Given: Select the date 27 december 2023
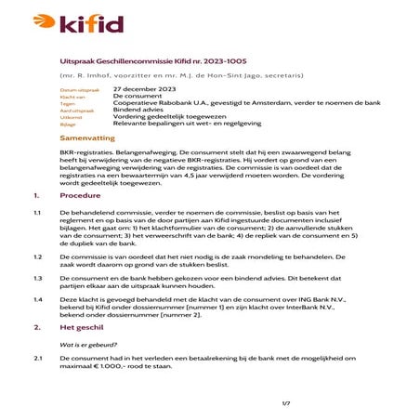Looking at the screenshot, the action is pos(144,88).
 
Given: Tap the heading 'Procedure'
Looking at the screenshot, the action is pos(80,196).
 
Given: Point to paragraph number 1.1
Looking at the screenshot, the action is pos(38,213).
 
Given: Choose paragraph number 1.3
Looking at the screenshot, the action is pos(38,278).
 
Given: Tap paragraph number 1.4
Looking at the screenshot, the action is pos(38,300).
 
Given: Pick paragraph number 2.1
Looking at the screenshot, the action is pos(38,358).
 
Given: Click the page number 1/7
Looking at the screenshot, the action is pos(287,402).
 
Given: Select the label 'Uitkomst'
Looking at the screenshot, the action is pos(71,117).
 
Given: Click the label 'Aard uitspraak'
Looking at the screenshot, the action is pos(75,110).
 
